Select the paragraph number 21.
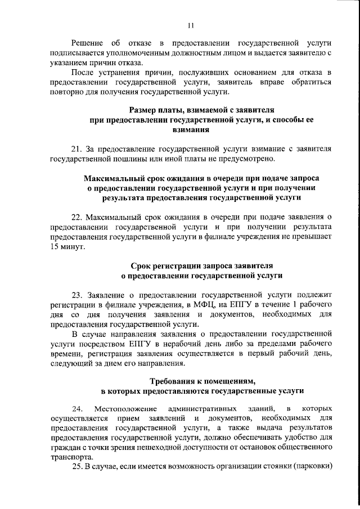[77, 150]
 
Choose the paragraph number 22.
[77, 216]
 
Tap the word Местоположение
[123, 408]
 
